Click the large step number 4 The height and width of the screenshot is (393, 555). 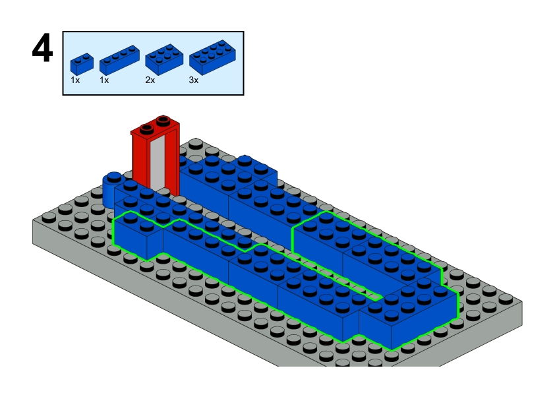click(42, 50)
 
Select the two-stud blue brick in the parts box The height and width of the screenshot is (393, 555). click(82, 62)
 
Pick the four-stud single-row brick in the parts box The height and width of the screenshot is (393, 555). click(119, 59)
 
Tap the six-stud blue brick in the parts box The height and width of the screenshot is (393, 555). click(163, 59)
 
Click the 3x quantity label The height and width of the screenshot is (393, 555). click(194, 80)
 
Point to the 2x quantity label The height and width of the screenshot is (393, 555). click(150, 80)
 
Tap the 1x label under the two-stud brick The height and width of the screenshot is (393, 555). click(76, 80)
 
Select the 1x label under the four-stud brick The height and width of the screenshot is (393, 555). click(104, 80)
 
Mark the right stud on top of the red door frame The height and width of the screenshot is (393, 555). click(163, 121)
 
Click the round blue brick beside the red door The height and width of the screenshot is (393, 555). click(110, 191)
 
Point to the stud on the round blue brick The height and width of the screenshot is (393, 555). click(113, 176)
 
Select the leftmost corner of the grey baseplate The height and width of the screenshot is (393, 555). click(34, 224)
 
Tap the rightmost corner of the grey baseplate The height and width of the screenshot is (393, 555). click(521, 303)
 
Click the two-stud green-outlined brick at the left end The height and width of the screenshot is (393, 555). click(138, 237)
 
